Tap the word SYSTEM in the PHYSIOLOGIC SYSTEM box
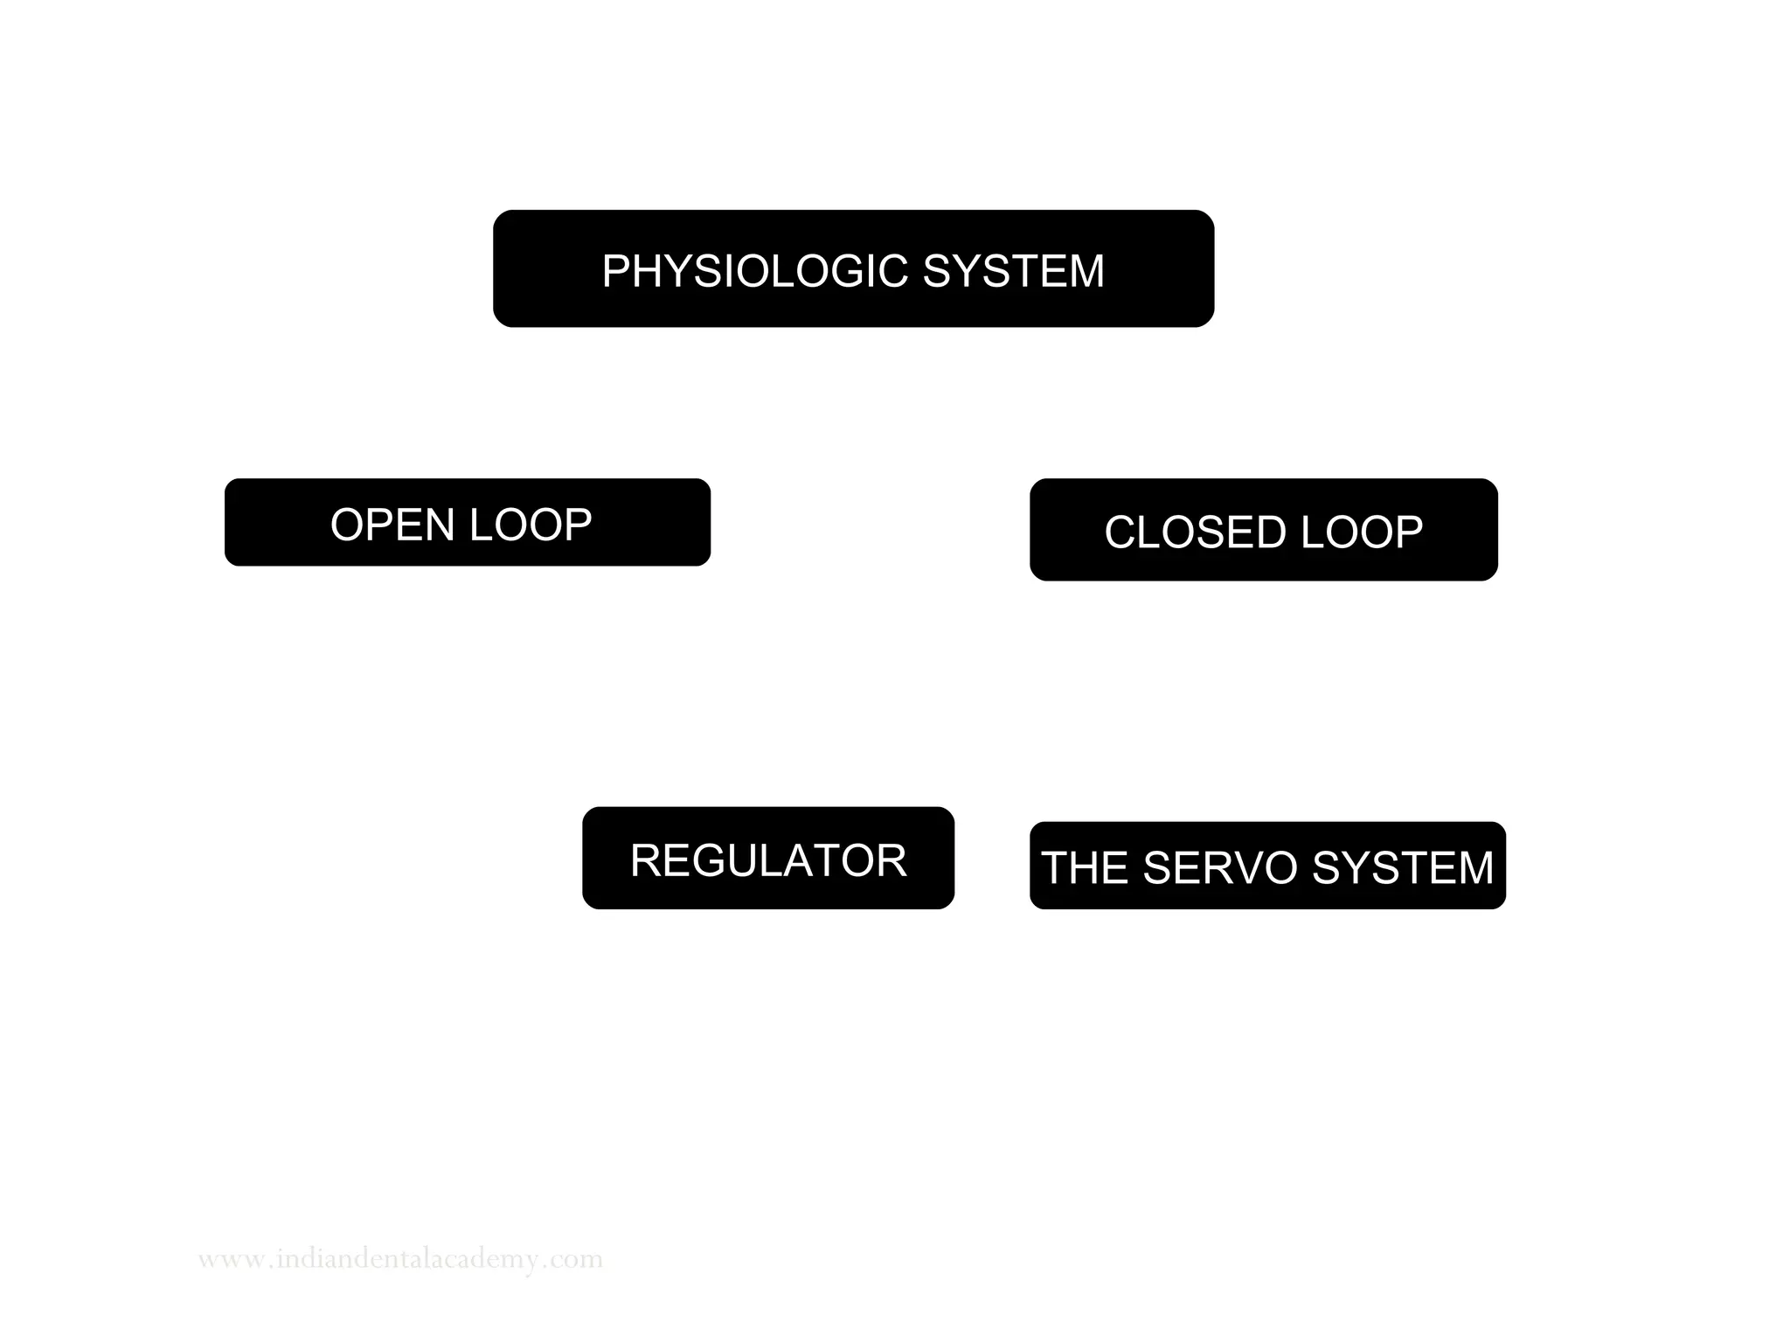[1014, 271]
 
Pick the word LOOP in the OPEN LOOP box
[531, 525]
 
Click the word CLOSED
[1195, 532]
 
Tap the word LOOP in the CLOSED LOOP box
[1362, 532]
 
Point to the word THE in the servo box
[1085, 868]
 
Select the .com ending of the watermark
[574, 1261]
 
